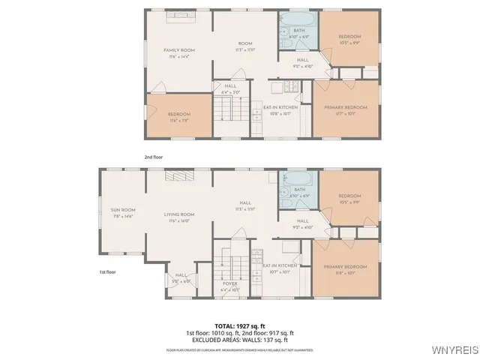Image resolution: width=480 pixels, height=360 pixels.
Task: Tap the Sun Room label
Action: coord(123,210)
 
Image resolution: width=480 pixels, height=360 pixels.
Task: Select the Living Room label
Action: coord(179,214)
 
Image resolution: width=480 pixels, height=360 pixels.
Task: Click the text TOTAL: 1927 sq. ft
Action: coord(239,325)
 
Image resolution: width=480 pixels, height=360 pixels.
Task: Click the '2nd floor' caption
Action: coord(153,157)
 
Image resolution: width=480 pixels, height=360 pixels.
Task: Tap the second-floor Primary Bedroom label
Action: coord(345,108)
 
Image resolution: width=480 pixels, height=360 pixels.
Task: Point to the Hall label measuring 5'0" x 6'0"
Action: coord(181,277)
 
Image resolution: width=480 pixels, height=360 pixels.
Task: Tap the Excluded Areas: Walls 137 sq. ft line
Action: coord(239,339)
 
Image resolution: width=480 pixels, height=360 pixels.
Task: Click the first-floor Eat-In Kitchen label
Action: coord(280,266)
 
